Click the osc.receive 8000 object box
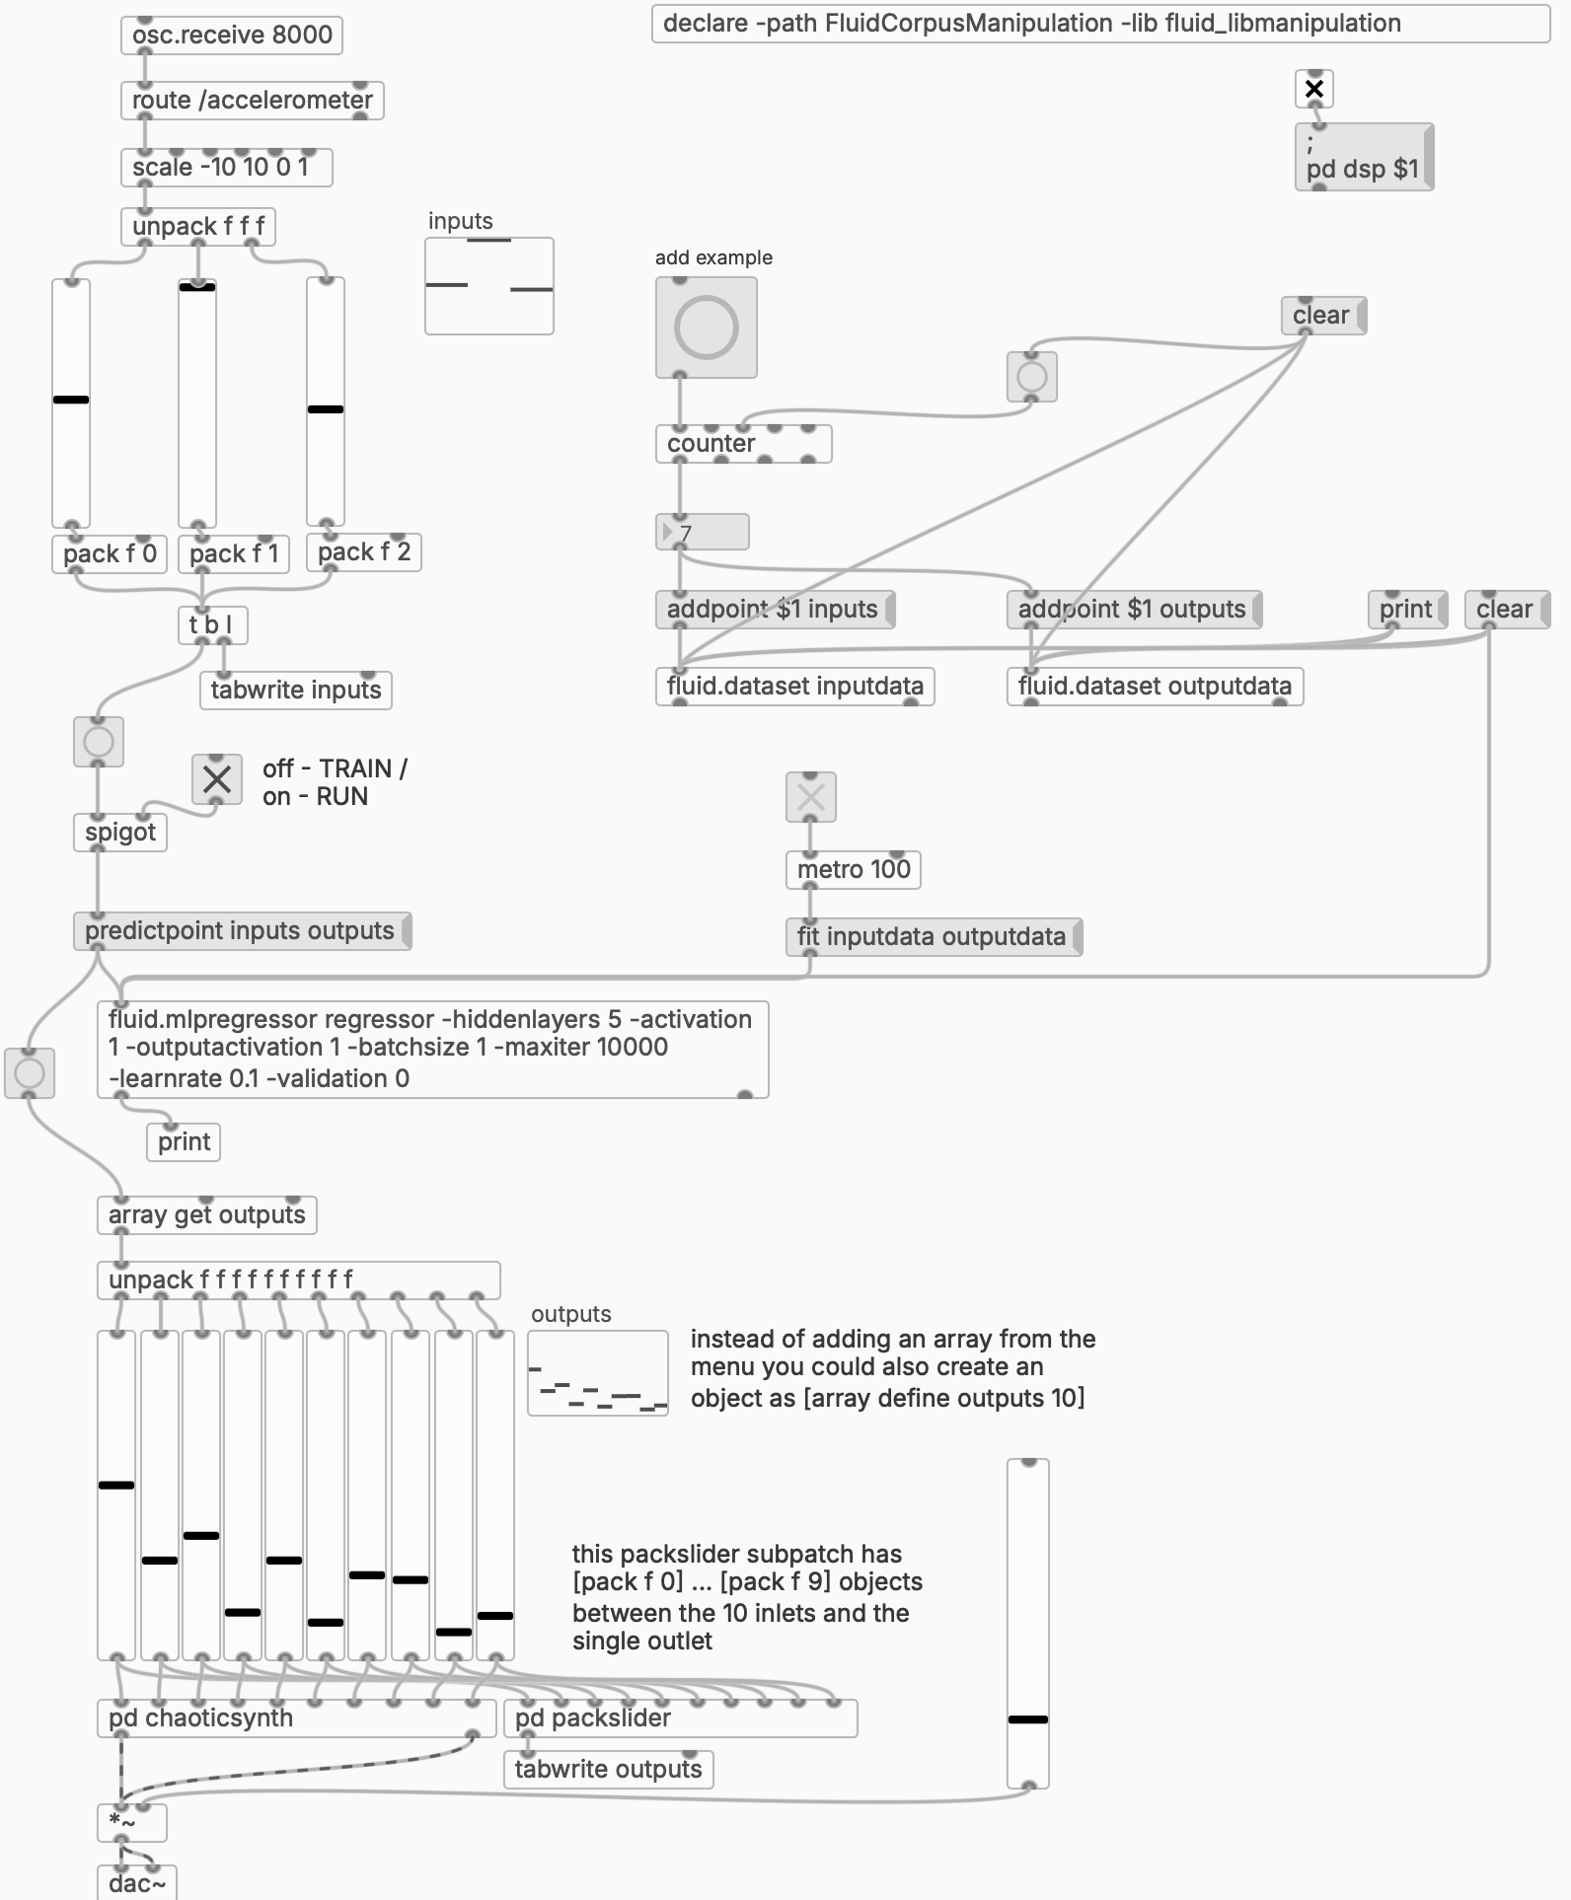pyautogui.click(x=232, y=35)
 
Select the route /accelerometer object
pyautogui.click(x=252, y=101)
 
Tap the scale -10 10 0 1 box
pyautogui.click(x=226, y=168)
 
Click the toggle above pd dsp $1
pyautogui.click(x=1314, y=89)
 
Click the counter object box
pyautogui.click(x=744, y=444)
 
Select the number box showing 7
pyautogui.click(x=703, y=532)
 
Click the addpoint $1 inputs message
pyautogui.click(x=775, y=610)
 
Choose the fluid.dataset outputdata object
pyautogui.click(x=1155, y=687)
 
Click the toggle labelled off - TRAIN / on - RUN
pyautogui.click(x=217, y=779)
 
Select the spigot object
pyautogui.click(x=120, y=833)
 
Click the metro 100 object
pyautogui.click(x=854, y=870)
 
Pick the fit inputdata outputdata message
pyautogui.click(x=934, y=937)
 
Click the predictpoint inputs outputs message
pyautogui.click(x=242, y=931)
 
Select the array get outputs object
pyautogui.click(x=206, y=1215)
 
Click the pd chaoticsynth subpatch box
pyautogui.click(x=296, y=1718)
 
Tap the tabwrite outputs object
pyautogui.click(x=608, y=1770)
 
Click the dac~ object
pyautogui.click(x=137, y=1882)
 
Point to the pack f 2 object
pyautogui.click(x=364, y=552)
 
